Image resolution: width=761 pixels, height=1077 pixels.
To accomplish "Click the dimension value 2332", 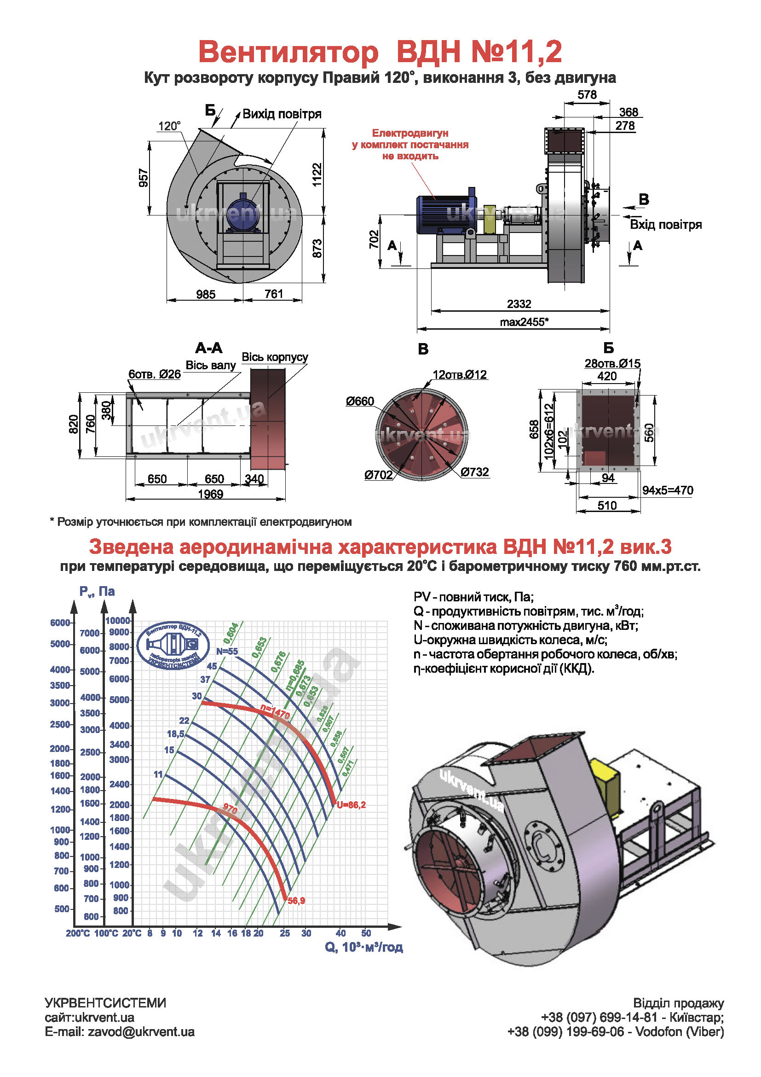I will [519, 304].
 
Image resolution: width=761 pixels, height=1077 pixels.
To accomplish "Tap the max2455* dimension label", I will [524, 322].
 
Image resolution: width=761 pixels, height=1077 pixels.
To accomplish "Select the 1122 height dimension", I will [317, 175].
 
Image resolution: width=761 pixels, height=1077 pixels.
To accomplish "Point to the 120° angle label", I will [169, 126].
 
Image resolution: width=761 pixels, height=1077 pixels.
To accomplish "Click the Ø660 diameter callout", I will [360, 401].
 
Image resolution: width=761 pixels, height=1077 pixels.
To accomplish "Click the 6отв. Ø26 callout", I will [155, 374].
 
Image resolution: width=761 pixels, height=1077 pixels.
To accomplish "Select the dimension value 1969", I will [210, 494].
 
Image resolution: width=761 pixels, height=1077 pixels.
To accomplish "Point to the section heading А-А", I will [208, 348].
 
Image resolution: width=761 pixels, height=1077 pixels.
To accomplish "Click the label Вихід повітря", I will [282, 114].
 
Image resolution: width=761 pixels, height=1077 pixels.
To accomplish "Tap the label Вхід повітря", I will [665, 224].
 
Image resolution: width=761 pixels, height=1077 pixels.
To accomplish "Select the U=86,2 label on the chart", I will [351, 804].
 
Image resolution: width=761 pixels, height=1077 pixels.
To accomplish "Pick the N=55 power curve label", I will [227, 651].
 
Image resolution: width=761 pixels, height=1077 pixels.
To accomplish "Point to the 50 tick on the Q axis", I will [366, 933].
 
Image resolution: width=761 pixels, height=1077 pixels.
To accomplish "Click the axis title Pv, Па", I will [97, 591].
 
